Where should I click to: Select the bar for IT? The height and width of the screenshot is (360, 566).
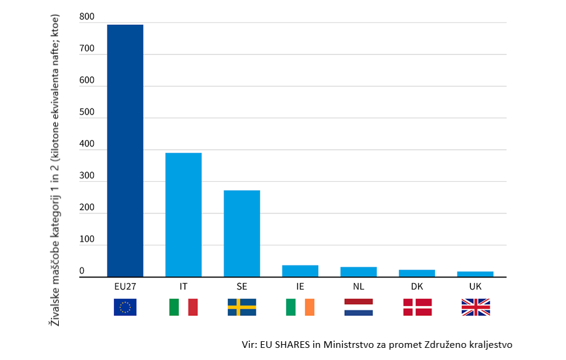183,215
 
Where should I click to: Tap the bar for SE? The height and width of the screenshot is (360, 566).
242,233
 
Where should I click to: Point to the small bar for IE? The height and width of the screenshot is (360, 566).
300,271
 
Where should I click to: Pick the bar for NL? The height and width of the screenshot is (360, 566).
358,272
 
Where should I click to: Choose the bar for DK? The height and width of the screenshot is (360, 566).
417,273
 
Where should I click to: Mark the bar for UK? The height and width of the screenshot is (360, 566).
475,274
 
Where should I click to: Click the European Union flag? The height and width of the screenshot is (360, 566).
125,307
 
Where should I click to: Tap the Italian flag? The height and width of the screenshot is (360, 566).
183,307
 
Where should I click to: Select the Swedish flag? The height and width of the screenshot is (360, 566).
242,307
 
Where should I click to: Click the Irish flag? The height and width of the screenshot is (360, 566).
300,307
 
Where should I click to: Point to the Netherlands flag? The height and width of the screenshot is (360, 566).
358,307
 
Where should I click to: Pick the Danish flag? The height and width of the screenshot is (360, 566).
417,307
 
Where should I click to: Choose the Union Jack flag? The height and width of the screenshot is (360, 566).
475,307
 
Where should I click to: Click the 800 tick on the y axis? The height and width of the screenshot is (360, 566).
87,18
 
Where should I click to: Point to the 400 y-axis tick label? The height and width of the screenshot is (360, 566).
87,145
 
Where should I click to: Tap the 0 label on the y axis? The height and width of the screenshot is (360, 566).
82,272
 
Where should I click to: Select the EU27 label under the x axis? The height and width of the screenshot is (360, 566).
125,285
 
